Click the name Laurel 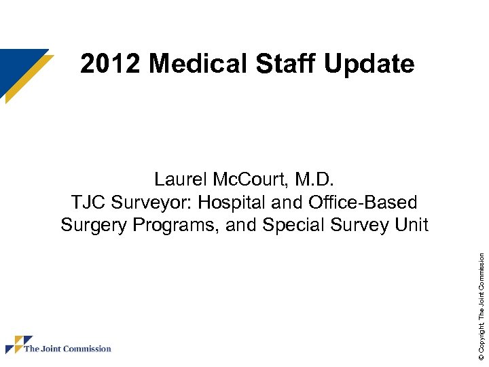pyautogui.click(x=179, y=179)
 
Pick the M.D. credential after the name pyautogui.click(x=313, y=179)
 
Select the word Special pyautogui.click(x=291, y=225)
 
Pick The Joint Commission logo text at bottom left pyautogui.click(x=67, y=349)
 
